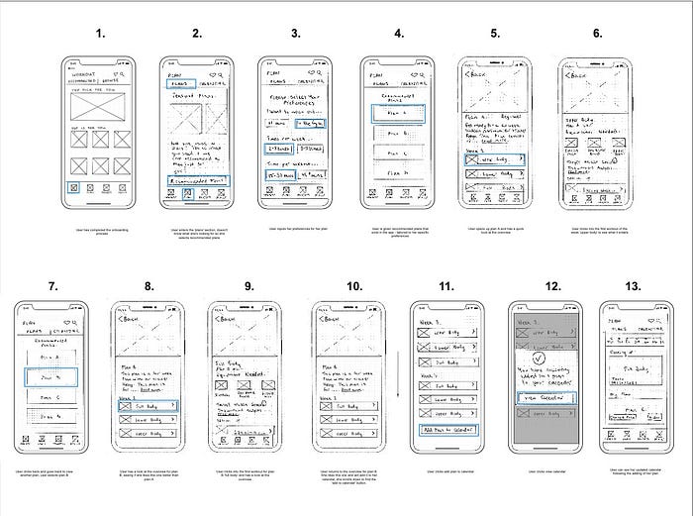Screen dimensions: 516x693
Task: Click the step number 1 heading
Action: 99,35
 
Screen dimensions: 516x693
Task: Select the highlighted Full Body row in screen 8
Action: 149,406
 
